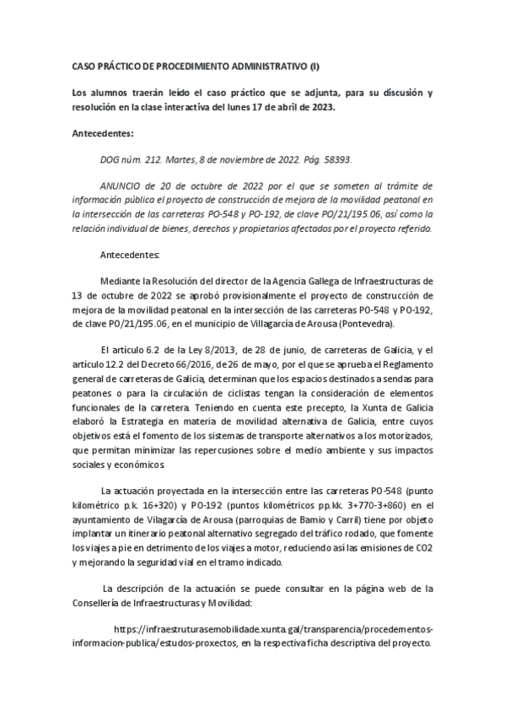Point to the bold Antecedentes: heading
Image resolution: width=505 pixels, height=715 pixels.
(x=99, y=132)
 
